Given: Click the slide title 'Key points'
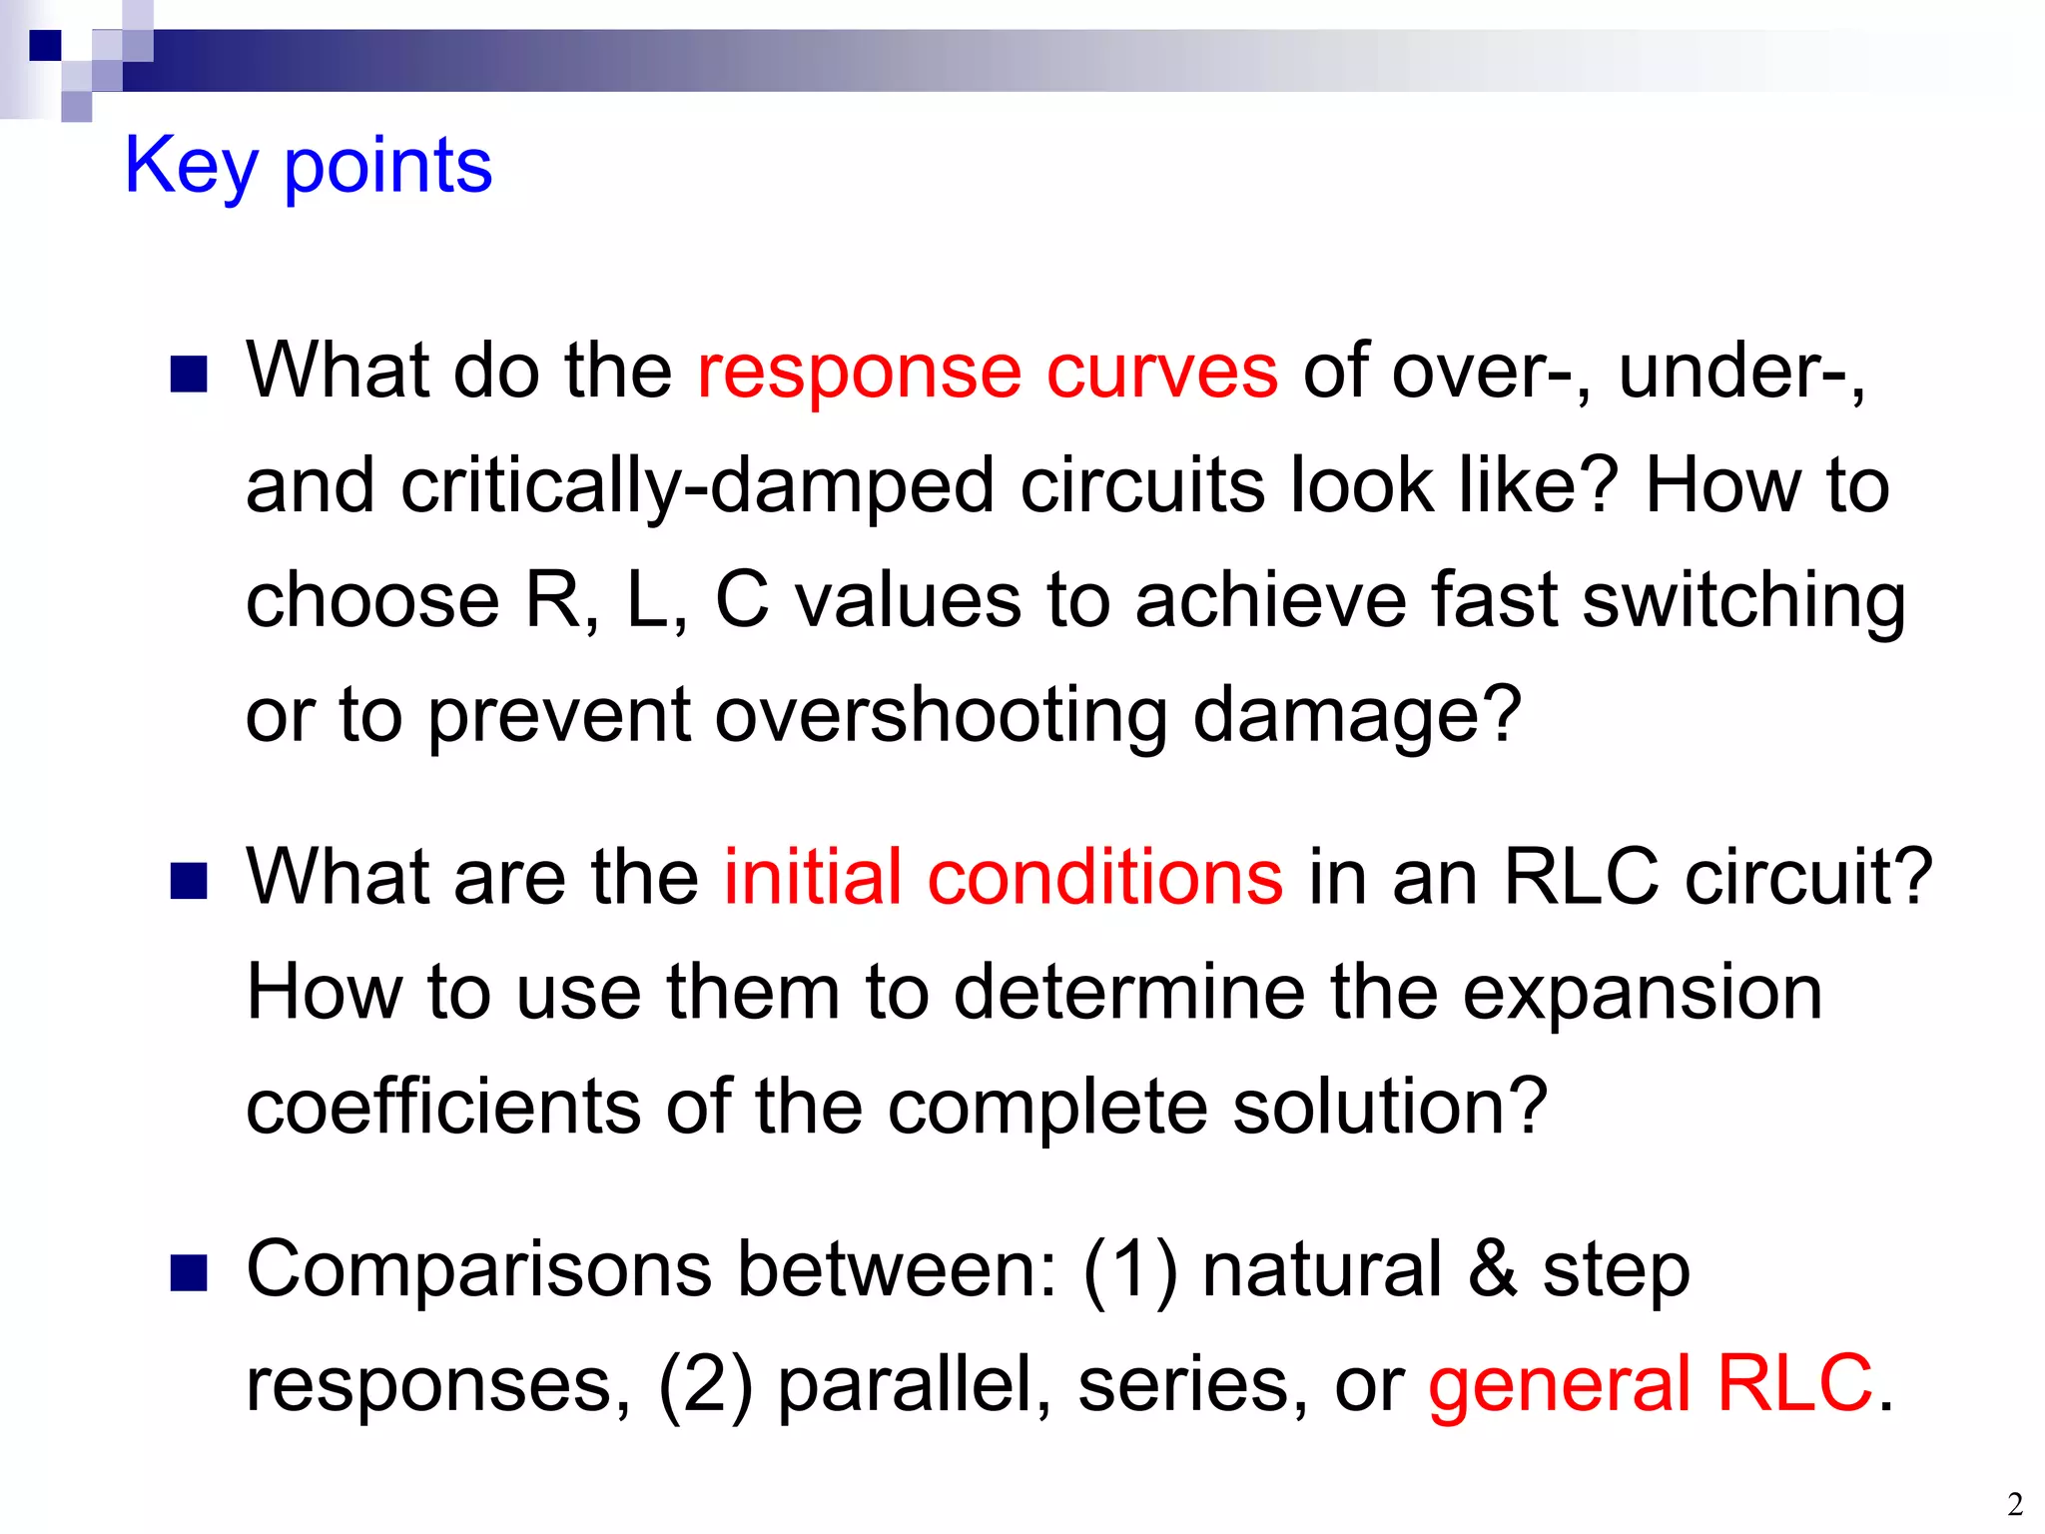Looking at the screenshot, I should pyautogui.click(x=308, y=166).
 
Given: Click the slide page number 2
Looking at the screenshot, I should pyautogui.click(x=2015, y=1504).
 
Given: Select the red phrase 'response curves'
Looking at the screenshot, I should pyautogui.click(x=987, y=372).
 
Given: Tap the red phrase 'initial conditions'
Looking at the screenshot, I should pyautogui.click(x=1003, y=877).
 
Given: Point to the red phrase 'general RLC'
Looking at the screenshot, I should pyautogui.click(x=1650, y=1384).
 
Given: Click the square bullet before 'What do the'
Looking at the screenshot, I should pyautogui.click(x=188, y=375).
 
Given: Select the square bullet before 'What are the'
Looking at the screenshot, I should pyautogui.click(x=188, y=881).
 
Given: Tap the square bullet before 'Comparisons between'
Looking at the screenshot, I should pyautogui.click(x=188, y=1273).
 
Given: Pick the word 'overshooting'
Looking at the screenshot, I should pyautogui.click(x=941, y=716).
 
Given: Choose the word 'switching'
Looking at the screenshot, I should pyautogui.click(x=1743, y=602).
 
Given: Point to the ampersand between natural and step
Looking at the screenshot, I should pyautogui.click(x=1492, y=1270).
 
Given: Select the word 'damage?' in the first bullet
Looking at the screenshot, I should pyautogui.click(x=1357, y=716).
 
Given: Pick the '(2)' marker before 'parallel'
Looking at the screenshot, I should pyautogui.click(x=704, y=1386).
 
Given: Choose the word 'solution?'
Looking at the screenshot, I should pyautogui.click(x=1390, y=1107).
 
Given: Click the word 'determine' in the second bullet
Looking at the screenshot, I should pyautogui.click(x=1128, y=993).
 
